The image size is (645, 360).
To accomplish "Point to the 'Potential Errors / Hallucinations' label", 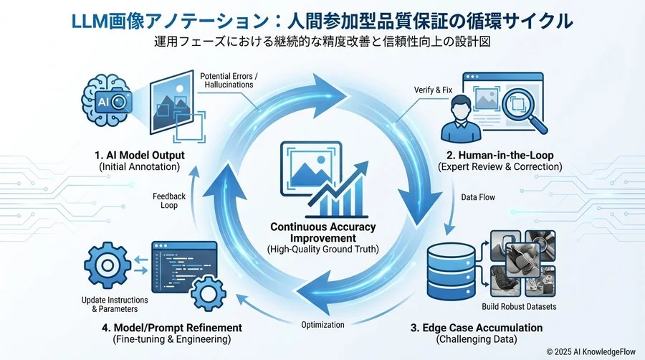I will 229,80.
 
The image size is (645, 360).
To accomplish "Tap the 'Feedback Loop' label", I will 169,200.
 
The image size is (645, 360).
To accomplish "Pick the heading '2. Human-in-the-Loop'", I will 500,154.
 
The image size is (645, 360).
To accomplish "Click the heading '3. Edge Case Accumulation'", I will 476,328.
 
